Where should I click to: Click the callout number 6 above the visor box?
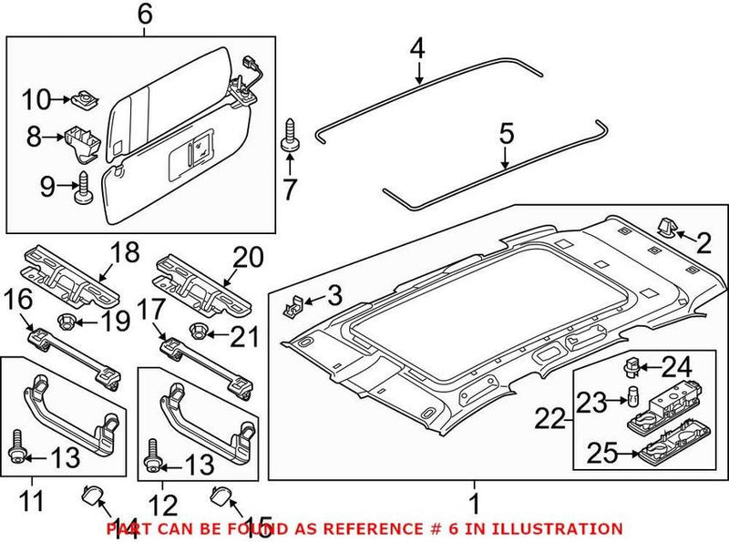coord(145,15)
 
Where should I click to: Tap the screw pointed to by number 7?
coord(291,134)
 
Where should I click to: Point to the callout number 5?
coord(507,135)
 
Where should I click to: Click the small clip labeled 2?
coord(663,228)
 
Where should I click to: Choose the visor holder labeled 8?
coord(82,138)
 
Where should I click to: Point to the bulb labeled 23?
coord(629,395)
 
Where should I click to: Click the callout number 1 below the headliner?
coord(474,502)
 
